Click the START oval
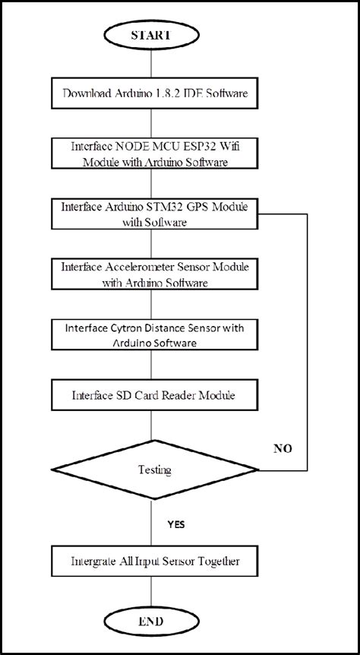(155, 36)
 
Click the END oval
(155, 621)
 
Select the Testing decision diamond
(155, 470)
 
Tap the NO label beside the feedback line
(283, 448)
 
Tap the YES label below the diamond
(175, 524)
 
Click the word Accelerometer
(139, 268)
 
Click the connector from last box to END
(155, 593)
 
